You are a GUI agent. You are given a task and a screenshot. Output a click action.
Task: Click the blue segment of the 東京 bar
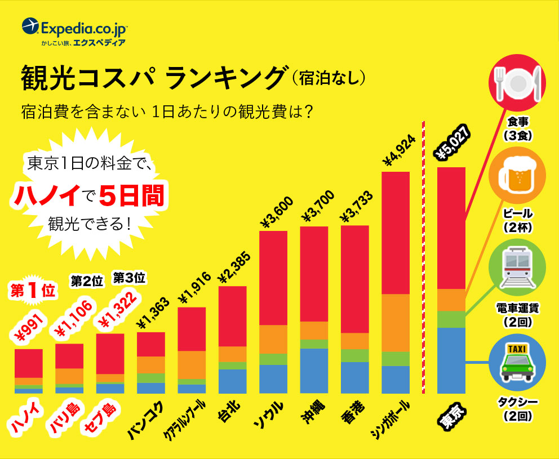(451, 360)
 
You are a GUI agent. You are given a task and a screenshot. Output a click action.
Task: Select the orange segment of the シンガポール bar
(396, 323)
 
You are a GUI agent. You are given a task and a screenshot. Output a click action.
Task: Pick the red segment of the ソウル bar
(273, 278)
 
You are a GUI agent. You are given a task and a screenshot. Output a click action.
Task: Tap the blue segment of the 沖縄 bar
(314, 371)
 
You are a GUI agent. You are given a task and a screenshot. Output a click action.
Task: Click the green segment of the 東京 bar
(451, 319)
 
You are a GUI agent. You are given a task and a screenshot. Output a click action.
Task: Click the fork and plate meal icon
(517, 83)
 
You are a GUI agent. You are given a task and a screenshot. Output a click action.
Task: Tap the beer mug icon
(517, 177)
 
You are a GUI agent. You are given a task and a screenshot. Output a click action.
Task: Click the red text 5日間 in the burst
(131, 196)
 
